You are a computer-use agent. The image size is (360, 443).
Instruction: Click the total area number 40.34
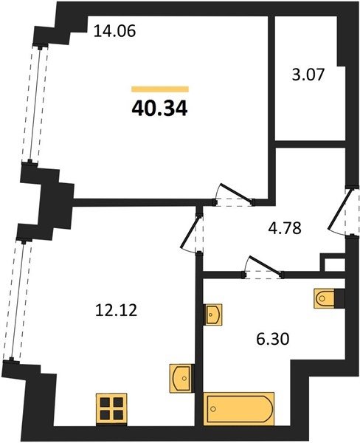(x=159, y=109)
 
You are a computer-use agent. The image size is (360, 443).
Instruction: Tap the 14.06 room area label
(x=114, y=31)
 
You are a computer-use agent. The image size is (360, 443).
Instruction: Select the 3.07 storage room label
(x=308, y=75)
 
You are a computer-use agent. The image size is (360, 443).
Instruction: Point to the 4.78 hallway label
(x=285, y=228)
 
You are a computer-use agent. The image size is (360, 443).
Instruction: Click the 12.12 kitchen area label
(x=117, y=310)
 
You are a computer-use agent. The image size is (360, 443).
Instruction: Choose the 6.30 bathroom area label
(x=273, y=339)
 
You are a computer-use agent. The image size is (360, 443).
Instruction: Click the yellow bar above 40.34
(x=160, y=89)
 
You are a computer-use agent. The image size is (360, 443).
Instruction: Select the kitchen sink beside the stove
(x=181, y=378)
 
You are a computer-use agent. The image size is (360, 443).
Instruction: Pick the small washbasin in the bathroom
(x=212, y=314)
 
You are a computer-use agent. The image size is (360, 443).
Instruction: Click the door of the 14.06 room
(x=234, y=195)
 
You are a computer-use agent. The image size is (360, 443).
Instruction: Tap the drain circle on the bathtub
(x=213, y=408)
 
